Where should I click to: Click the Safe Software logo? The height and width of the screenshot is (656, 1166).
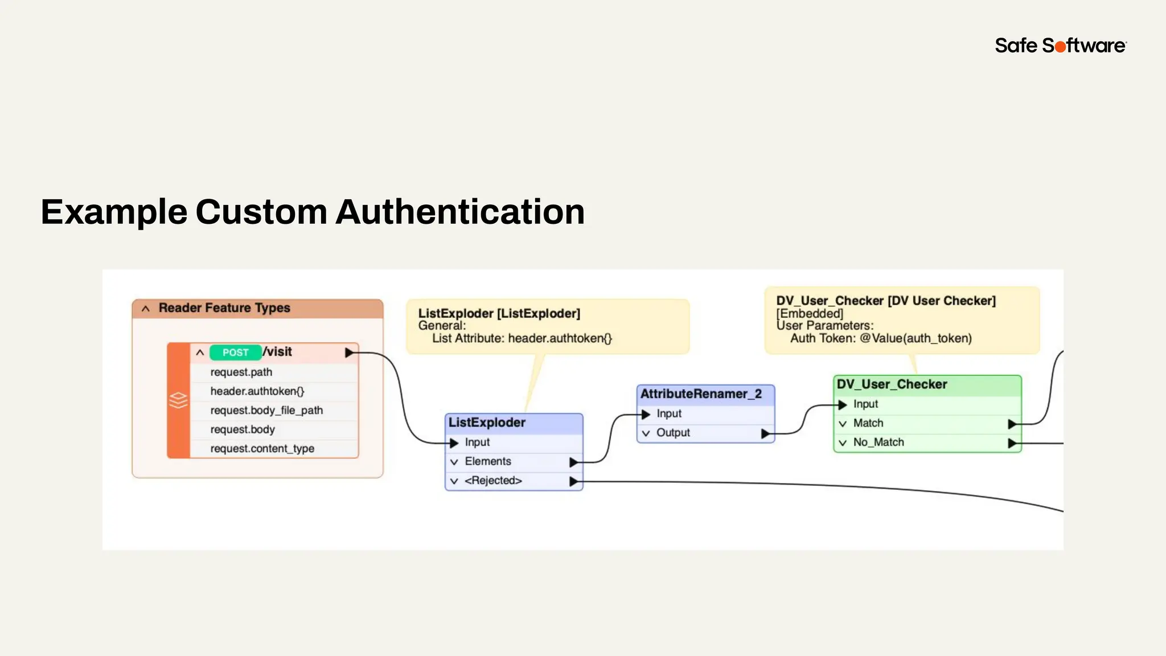[1060, 46]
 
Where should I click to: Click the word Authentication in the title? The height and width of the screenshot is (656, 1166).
[460, 212]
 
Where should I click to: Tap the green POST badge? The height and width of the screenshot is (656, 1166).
[235, 352]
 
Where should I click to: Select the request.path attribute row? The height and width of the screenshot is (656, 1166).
[241, 372]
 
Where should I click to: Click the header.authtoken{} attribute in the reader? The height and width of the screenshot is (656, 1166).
[257, 391]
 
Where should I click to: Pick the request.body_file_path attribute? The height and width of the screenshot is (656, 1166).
[266, 411]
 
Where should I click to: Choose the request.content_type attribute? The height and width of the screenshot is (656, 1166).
[262, 449]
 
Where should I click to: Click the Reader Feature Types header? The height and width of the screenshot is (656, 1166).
[224, 308]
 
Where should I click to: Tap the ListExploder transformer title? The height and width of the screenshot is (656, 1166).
[487, 423]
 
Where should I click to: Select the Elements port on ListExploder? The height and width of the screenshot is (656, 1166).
[488, 461]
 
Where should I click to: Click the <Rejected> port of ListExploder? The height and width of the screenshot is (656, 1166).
[493, 481]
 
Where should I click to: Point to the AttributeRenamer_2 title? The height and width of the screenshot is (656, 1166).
[701, 394]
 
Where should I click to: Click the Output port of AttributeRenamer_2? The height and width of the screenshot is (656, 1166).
[673, 433]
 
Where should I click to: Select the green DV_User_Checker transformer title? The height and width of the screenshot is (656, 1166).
[892, 384]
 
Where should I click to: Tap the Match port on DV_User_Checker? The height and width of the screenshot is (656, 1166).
[868, 423]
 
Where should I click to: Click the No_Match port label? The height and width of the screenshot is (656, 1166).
[878, 442]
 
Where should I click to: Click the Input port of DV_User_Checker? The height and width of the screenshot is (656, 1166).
[865, 404]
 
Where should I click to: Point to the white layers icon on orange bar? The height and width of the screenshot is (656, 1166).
[178, 400]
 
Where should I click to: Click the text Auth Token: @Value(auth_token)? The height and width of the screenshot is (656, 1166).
[881, 338]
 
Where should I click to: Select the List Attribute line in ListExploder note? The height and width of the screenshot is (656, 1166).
[522, 338]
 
